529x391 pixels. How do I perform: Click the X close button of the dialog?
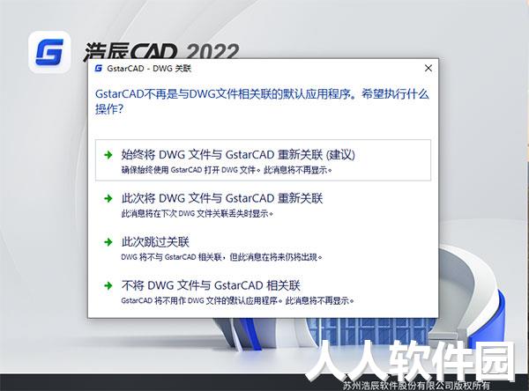[x=428, y=68]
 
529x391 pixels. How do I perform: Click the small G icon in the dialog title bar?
[x=99, y=69]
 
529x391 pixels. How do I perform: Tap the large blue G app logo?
[x=49, y=52]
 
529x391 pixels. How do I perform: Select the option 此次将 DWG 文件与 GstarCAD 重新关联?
[x=222, y=198]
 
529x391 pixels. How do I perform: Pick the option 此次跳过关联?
[x=155, y=242]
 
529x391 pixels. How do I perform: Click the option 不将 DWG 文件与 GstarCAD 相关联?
[x=211, y=285]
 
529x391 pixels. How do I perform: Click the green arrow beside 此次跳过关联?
[x=108, y=242]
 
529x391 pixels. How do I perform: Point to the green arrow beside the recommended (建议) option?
[x=108, y=155]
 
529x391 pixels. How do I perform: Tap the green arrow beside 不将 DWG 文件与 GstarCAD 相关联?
[x=108, y=286]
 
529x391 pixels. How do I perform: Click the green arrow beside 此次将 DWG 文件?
[x=108, y=198]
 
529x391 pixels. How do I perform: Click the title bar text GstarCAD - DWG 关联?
[x=149, y=69]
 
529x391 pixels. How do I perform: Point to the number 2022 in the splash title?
[x=212, y=51]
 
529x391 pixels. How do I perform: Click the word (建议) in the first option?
[x=340, y=155]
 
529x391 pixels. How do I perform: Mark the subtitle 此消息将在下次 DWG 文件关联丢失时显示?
[x=197, y=214]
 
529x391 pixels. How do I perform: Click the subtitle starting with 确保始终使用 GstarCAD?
[x=227, y=170]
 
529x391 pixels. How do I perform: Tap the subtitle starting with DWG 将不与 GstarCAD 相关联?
[x=221, y=257]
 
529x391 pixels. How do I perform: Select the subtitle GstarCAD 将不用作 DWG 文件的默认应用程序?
[x=237, y=300]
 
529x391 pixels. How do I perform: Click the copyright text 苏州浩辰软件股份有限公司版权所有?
[x=416, y=385]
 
